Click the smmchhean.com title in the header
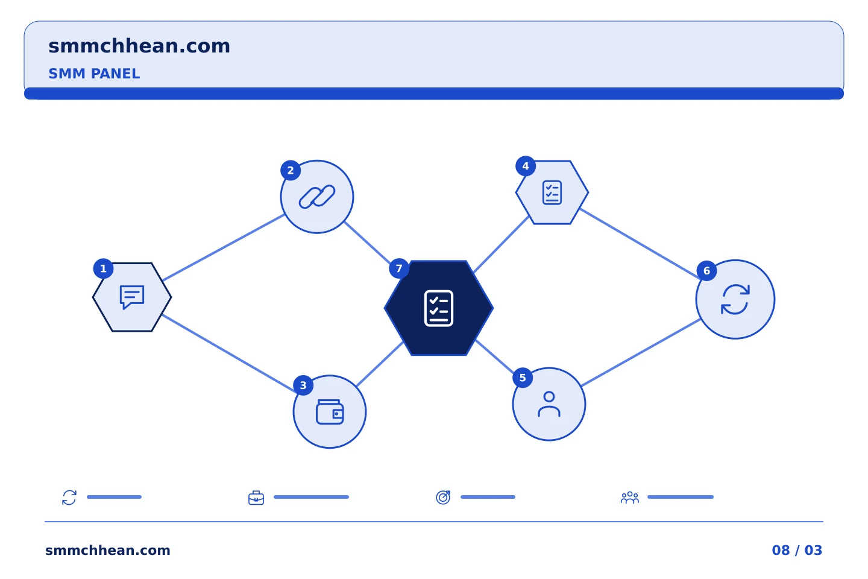139,46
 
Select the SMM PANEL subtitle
94,74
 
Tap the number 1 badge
104,268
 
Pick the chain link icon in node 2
317,197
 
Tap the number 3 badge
303,385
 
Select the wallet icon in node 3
330,412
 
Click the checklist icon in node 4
552,192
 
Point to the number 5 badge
523,378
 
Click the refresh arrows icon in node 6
735,299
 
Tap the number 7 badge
399,268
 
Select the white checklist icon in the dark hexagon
439,308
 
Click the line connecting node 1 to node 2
223,247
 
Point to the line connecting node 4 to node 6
640,244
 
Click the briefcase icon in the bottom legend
256,498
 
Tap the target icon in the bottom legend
443,497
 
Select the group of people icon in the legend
630,498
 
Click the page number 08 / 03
797,550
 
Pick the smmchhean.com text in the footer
108,550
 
